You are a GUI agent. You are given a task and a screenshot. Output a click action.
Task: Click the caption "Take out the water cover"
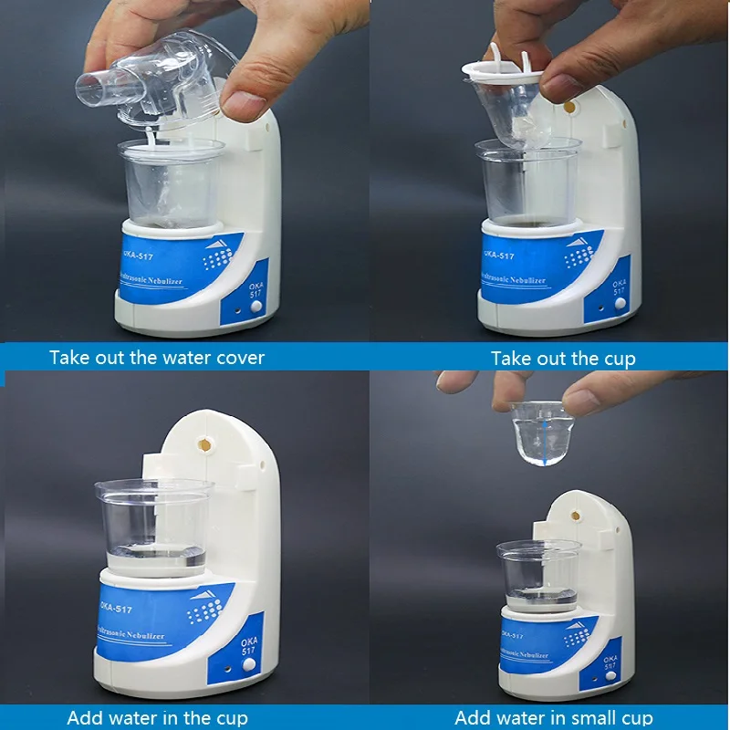click(157, 357)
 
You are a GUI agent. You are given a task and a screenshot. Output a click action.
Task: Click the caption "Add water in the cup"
click(157, 718)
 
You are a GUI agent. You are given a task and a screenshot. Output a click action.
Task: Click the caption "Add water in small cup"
click(553, 718)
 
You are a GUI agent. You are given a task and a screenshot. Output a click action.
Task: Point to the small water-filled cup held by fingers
click(541, 434)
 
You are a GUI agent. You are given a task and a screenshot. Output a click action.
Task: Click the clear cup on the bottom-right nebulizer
click(538, 575)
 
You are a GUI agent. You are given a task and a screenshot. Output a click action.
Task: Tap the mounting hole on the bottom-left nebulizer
click(205, 445)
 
